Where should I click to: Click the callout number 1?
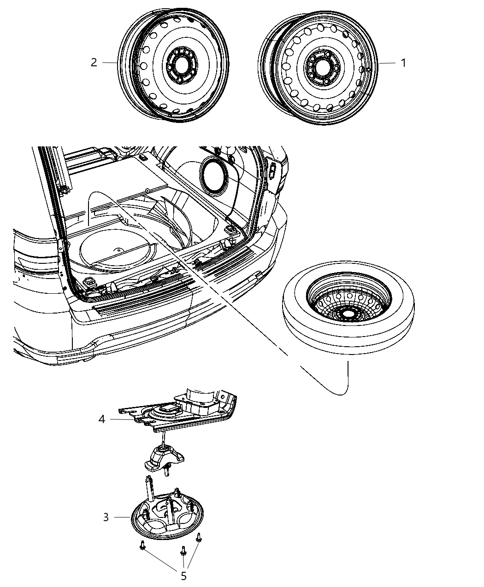point(403,63)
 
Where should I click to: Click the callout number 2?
point(94,63)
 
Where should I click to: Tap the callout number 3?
point(106,517)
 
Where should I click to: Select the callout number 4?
point(102,419)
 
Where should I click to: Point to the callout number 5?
point(183,576)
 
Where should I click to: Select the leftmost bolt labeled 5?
point(142,546)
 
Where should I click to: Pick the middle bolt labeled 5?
point(183,551)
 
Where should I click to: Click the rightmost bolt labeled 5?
point(199,537)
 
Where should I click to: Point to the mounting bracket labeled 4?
point(184,410)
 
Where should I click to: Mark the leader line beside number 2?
point(110,63)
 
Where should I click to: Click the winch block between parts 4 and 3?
point(164,459)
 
